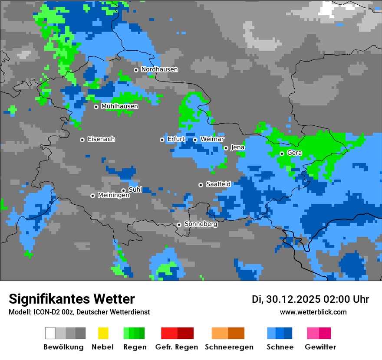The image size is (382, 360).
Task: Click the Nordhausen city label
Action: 159,69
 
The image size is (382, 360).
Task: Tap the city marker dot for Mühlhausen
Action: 96,107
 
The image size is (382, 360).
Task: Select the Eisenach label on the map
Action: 101,139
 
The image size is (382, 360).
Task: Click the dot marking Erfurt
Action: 162,140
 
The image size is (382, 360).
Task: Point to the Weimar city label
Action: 212,139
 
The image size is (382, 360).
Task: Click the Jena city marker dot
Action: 226,148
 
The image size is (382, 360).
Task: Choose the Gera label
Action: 294,153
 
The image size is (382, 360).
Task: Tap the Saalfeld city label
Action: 218,184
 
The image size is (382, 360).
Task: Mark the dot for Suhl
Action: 123,190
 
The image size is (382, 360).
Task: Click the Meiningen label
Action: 113,196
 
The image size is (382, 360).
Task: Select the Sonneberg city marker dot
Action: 179,225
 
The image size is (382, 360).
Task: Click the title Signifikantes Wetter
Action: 72,299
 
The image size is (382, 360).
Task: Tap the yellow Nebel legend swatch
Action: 103,333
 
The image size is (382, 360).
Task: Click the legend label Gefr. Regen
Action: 177,347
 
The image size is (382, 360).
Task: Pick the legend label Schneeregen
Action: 229,347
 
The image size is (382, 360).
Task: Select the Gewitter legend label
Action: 320,347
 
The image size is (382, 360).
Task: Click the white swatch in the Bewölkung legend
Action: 50,333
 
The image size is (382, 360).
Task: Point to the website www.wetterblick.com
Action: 313,312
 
